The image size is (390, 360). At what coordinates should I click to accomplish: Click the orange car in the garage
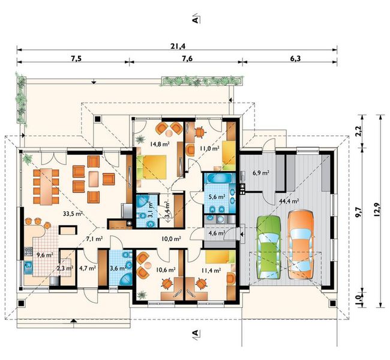tap(301, 244)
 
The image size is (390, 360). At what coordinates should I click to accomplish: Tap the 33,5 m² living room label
tap(73, 214)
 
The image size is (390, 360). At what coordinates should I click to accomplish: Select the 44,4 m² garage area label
tap(289, 201)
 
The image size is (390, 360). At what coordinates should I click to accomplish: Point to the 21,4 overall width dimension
tap(178, 46)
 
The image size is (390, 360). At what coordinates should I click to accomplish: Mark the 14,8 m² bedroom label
tap(160, 143)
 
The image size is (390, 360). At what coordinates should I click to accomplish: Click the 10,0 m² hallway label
tap(171, 239)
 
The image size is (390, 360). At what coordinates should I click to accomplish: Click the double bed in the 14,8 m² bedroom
tap(151, 167)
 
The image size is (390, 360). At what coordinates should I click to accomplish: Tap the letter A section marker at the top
tap(196, 20)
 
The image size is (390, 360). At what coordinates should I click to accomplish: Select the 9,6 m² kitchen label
tap(44, 254)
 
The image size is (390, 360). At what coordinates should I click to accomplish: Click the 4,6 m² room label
tap(217, 233)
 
